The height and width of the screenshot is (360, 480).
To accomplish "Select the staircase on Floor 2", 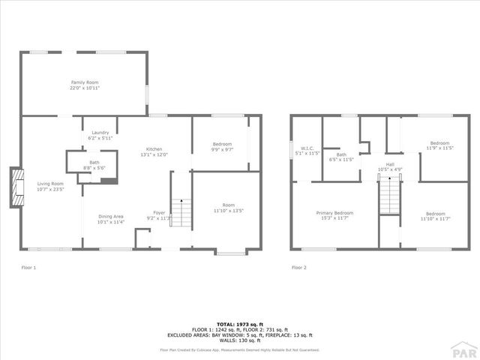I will click(x=388, y=196).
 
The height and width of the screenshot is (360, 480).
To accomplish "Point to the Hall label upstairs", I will click(x=390, y=166).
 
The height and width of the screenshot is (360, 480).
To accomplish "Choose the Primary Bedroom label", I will click(x=334, y=215).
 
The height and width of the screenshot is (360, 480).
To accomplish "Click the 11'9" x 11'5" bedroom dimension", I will click(x=439, y=148).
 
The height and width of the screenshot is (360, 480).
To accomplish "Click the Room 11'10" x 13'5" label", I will click(x=228, y=208).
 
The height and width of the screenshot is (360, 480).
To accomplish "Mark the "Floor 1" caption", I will click(x=28, y=267).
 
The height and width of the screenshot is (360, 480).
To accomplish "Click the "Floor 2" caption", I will click(x=298, y=267).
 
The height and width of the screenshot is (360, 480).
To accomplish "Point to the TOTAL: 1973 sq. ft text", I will click(x=239, y=325).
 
